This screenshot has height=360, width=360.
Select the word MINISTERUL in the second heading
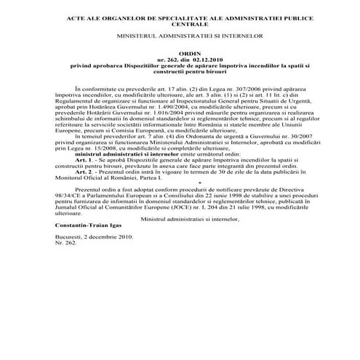click(x=136, y=36)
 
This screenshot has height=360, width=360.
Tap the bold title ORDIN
click(x=180, y=54)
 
